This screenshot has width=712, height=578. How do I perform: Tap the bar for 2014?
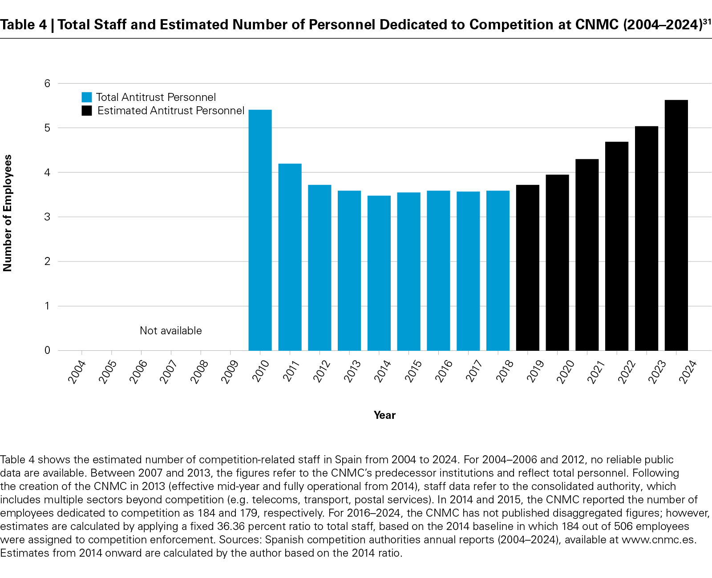379,273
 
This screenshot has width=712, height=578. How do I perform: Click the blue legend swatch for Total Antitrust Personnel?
87,97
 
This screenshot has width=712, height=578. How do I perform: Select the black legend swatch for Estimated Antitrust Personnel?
87,111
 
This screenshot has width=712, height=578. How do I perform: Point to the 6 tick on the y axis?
47,84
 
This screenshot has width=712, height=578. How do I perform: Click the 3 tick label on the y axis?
47,217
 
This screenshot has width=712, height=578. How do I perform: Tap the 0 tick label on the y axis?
47,350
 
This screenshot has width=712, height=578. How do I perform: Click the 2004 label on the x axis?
77,372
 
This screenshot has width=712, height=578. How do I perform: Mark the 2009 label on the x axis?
230,372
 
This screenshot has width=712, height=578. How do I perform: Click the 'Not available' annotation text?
170,331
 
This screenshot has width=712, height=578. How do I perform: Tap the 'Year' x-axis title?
384,415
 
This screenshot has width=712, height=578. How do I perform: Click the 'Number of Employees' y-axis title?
8,213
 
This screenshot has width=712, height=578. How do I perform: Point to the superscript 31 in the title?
707,21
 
